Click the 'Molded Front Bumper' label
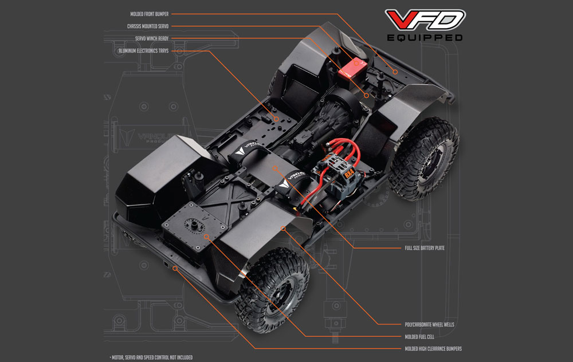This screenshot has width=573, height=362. (150, 14)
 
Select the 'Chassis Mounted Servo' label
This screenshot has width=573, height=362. (148, 26)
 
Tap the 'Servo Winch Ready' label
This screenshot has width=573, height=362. (152, 38)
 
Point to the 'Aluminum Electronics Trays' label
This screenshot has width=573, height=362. (144, 51)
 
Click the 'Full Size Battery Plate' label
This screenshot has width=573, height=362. (425, 248)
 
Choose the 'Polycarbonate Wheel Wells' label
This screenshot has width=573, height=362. (429, 324)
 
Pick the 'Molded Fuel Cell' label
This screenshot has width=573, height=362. (419, 337)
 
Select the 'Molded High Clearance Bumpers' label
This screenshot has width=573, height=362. (433, 349)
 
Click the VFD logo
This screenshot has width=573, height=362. (425, 20)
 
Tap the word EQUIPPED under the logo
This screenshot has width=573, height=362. (425, 38)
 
